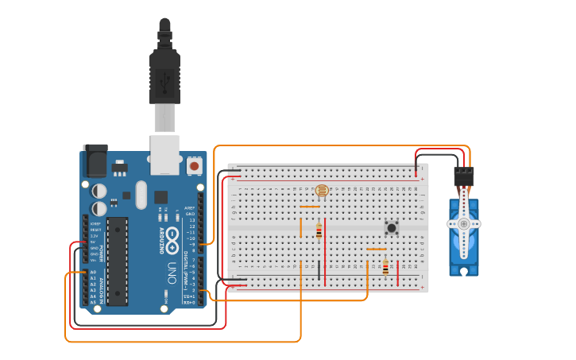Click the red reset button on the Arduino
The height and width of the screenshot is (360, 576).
[x=195, y=166]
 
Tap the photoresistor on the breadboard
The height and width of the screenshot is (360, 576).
[x=322, y=191]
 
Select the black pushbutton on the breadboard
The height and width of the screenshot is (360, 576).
[x=392, y=227]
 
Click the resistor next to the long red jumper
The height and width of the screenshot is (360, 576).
[x=319, y=230]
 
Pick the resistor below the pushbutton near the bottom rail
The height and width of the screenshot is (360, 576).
[x=385, y=268]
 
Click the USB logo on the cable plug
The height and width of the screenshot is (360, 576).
[x=164, y=80]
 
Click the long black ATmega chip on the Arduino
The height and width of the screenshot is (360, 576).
[x=117, y=261]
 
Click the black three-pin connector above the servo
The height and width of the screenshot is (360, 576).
[x=463, y=177]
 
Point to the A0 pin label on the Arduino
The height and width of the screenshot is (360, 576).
[x=93, y=273]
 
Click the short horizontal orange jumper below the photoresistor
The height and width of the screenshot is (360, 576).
[x=310, y=207]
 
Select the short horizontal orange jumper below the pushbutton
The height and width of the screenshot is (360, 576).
[x=376, y=249]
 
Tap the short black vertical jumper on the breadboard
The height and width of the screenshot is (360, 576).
[x=319, y=271]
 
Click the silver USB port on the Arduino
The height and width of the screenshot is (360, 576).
[x=165, y=154]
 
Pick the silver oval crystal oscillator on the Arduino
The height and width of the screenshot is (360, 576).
[x=141, y=195]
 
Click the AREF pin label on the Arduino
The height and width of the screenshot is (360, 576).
[x=190, y=207]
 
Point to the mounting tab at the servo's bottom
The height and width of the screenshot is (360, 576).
[x=463, y=270]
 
